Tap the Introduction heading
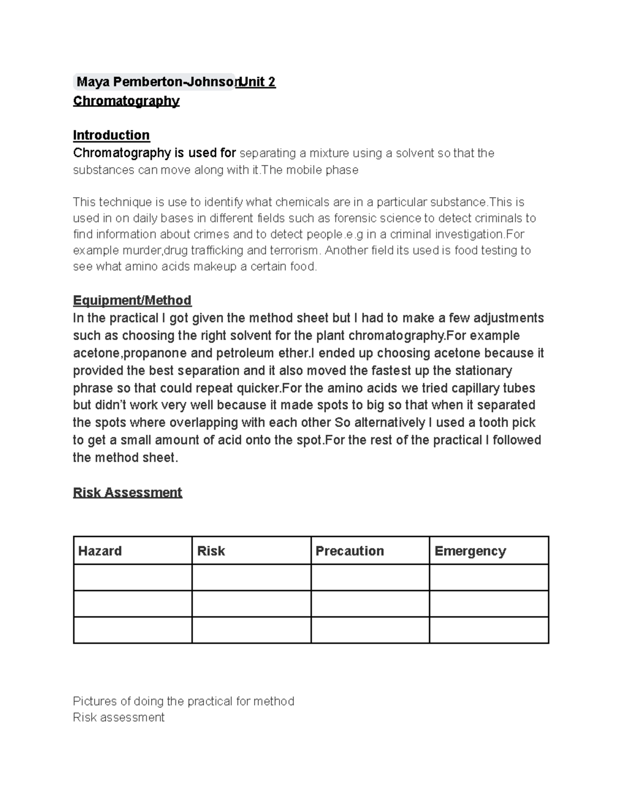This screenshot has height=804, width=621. pyautogui.click(x=111, y=135)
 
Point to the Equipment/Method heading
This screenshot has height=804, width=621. pyautogui.click(x=132, y=300)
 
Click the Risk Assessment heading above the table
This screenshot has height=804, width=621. pyautogui.click(x=127, y=492)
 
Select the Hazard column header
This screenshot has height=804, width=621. pyautogui.click(x=100, y=551)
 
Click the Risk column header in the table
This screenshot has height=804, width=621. pyautogui.click(x=211, y=551)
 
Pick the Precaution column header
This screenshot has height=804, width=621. pyautogui.click(x=350, y=551)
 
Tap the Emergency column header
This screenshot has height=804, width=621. pyautogui.click(x=470, y=551)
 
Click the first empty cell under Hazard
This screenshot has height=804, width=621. pyautogui.click(x=132, y=577)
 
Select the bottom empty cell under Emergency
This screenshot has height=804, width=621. pyautogui.click(x=489, y=630)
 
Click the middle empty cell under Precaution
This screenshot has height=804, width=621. pyautogui.click(x=370, y=604)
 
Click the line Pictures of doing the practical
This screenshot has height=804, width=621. pyautogui.click(x=183, y=701)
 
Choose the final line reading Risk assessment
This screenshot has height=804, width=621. pyautogui.click(x=119, y=717)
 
